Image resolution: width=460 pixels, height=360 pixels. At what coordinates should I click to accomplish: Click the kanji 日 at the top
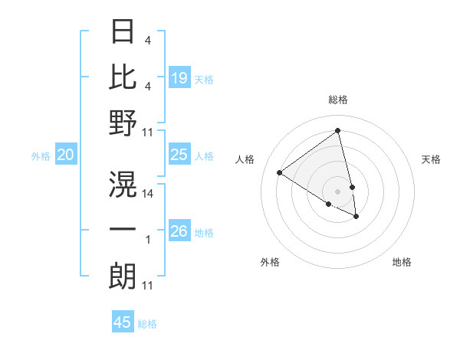pyautogui.click(x=123, y=31)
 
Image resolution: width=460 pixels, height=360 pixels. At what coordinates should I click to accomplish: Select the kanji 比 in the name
pyautogui.click(x=123, y=77)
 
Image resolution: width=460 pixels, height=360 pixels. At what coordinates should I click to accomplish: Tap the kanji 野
pyautogui.click(x=123, y=123)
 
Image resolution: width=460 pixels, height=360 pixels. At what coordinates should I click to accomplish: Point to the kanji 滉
pyautogui.click(x=123, y=185)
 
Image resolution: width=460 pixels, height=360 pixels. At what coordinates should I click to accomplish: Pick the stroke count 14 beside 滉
pyautogui.click(x=148, y=194)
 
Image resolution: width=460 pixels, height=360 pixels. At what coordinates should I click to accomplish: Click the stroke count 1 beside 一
pyautogui.click(x=148, y=240)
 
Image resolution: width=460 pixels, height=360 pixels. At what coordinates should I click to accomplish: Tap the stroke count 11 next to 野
pyautogui.click(x=148, y=133)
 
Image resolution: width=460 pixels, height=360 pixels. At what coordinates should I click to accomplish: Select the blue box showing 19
pyautogui.click(x=179, y=77)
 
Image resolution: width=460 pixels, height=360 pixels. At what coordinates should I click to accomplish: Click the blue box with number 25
pyautogui.click(x=179, y=155)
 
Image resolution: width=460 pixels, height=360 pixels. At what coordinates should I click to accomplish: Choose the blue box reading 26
pyautogui.click(x=179, y=231)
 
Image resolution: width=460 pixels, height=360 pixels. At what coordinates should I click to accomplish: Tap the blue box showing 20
pyautogui.click(x=66, y=155)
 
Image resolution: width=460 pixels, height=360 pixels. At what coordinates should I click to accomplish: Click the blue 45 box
pyautogui.click(x=123, y=322)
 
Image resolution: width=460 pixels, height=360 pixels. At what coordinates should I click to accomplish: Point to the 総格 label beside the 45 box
pyautogui.click(x=147, y=324)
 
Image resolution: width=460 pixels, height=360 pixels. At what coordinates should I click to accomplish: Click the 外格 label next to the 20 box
pyautogui.click(x=41, y=156)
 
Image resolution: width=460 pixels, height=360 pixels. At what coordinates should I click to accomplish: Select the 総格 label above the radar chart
pyautogui.click(x=338, y=100)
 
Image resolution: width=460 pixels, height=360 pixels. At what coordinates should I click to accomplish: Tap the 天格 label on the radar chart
pyautogui.click(x=432, y=159)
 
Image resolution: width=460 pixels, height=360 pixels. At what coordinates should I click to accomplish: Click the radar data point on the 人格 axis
pyautogui.click(x=280, y=172)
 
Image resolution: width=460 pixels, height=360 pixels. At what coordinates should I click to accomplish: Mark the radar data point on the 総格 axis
pyautogui.click(x=338, y=131)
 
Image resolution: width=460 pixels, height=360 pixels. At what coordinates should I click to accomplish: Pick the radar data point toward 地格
pyautogui.click(x=356, y=217)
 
